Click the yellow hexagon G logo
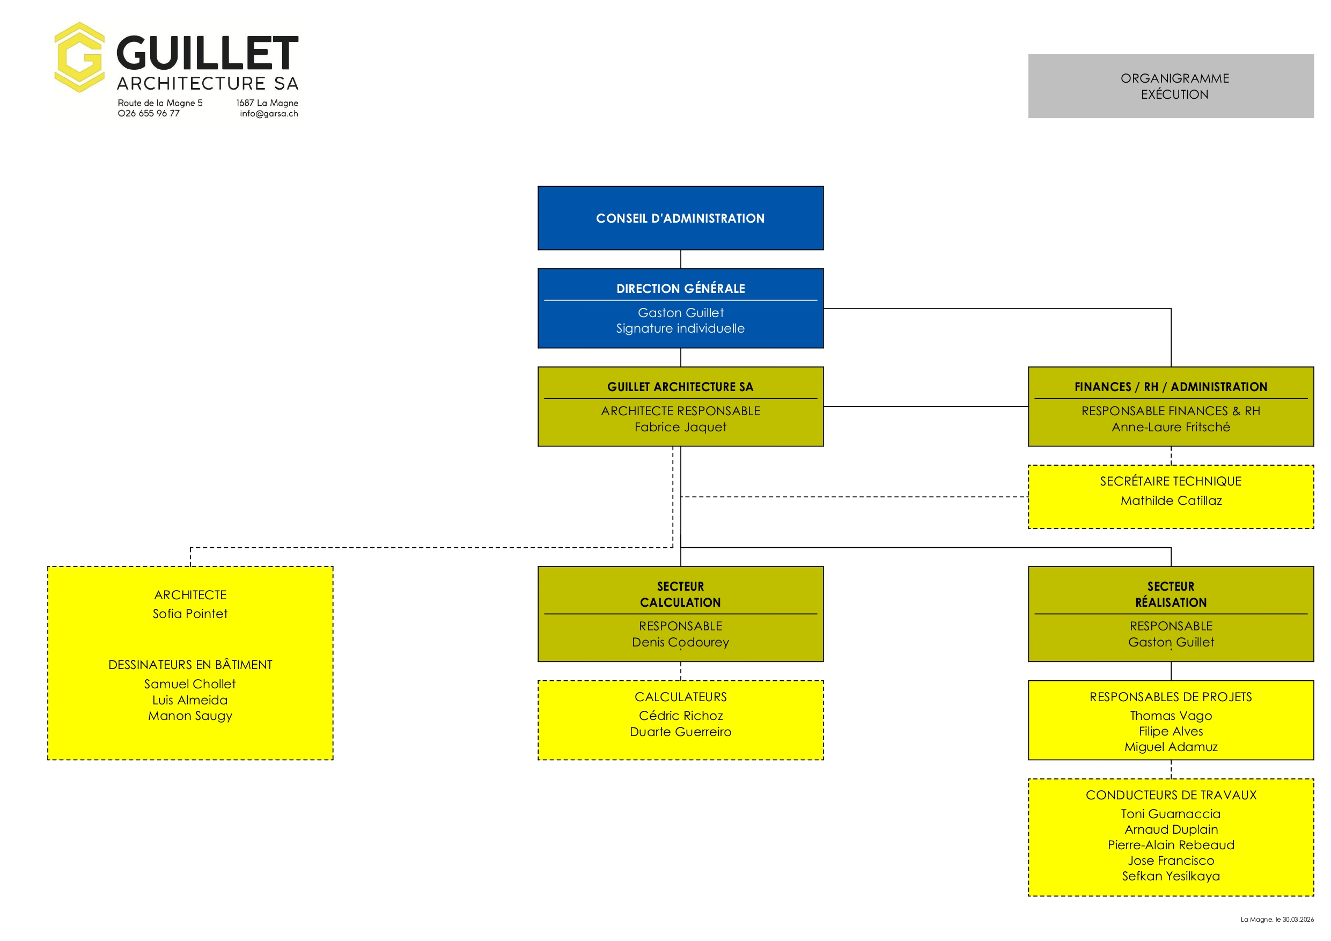click(x=79, y=57)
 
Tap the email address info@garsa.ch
click(x=269, y=114)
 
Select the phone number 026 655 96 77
click(x=149, y=114)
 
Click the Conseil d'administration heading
click(x=680, y=218)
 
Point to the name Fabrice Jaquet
click(x=680, y=427)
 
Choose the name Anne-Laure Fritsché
click(x=1171, y=427)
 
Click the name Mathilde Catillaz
click(x=1171, y=501)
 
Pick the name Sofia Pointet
click(x=190, y=613)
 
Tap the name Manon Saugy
click(x=190, y=716)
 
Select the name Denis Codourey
click(x=680, y=642)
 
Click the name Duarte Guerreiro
click(x=680, y=732)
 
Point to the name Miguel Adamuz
click(x=1171, y=747)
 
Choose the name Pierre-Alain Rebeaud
click(x=1171, y=845)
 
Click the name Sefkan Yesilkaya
click(x=1171, y=876)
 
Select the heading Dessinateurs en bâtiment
click(x=190, y=665)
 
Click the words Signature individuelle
click(x=680, y=329)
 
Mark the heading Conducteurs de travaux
click(x=1171, y=795)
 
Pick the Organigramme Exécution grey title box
click(x=1171, y=86)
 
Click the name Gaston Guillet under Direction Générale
click(x=680, y=313)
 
